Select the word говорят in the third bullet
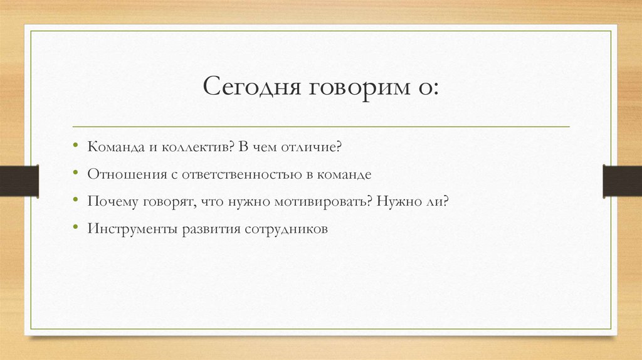tap(164, 203)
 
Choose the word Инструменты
tap(132, 230)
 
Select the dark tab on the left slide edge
tap(19, 180)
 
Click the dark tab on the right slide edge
tap(622, 180)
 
